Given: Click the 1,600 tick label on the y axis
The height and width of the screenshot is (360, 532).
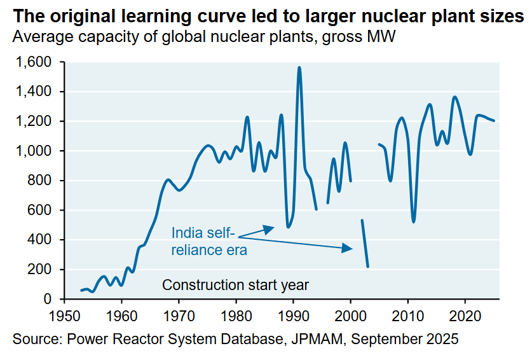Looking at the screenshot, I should (x=37, y=62).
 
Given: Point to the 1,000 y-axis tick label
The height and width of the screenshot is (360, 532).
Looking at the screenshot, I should (x=37, y=151).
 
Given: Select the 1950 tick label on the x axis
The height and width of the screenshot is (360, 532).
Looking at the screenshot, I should (x=64, y=314).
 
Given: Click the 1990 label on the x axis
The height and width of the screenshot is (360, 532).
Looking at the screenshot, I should (x=293, y=314).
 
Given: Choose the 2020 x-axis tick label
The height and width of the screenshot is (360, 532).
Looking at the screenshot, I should (x=465, y=314).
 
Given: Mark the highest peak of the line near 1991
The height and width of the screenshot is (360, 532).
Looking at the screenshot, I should (x=299, y=67).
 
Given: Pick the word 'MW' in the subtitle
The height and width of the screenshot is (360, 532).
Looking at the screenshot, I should (x=382, y=38).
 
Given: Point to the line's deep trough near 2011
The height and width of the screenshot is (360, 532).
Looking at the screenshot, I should (x=414, y=221).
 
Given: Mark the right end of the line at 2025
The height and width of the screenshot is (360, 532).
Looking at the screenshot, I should (x=494, y=121).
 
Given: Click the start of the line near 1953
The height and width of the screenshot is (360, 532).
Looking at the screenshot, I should (x=81, y=291).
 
